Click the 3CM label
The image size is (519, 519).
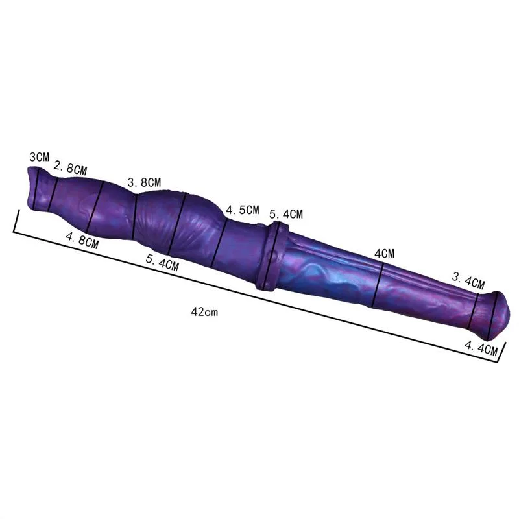39,156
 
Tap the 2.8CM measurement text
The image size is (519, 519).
70,168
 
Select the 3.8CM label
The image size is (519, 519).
144,182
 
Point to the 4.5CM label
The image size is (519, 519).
242,210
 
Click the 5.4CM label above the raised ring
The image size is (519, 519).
286,214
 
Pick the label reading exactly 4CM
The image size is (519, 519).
384,254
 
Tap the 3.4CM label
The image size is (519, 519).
468,281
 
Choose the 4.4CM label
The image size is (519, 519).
481,348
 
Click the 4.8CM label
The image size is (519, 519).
82,240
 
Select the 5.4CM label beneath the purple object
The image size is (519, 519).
162,263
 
